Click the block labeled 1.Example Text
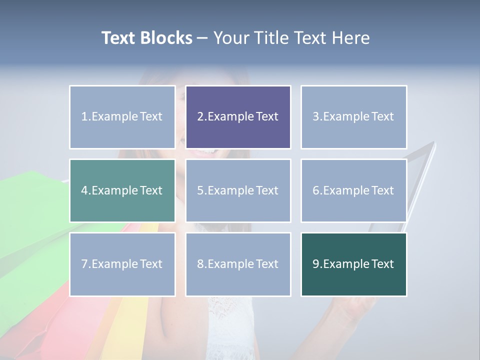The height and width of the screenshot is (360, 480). tap(122, 117)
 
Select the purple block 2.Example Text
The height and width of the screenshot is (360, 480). tap(238, 117)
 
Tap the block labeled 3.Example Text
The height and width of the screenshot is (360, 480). tap(353, 117)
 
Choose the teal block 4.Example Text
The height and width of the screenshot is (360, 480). tap(122, 190)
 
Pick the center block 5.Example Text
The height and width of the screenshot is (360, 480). tap(238, 190)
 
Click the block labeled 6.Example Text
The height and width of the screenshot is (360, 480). tap(353, 190)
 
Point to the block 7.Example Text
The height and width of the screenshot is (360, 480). tap(122, 264)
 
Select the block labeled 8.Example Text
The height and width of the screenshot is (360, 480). tap(238, 264)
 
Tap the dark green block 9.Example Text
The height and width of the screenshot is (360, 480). tap(353, 264)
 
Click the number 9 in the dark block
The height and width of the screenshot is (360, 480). tap(315, 264)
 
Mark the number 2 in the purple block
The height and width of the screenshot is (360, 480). tap(200, 117)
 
